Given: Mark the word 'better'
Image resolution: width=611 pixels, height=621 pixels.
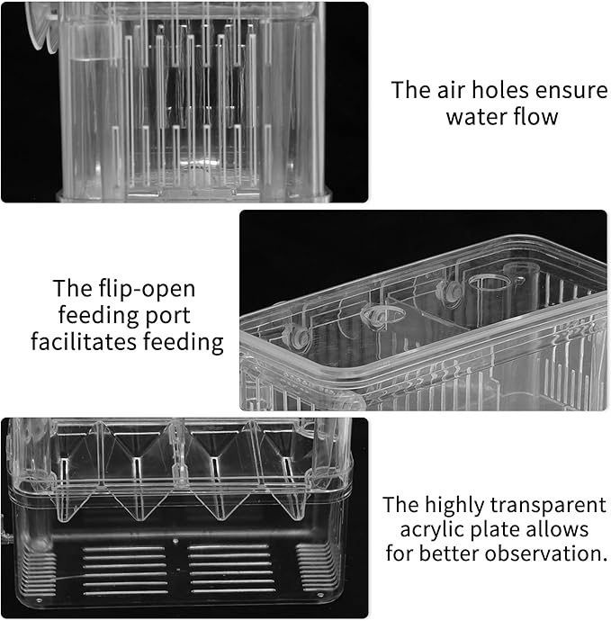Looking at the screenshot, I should [455, 553].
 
